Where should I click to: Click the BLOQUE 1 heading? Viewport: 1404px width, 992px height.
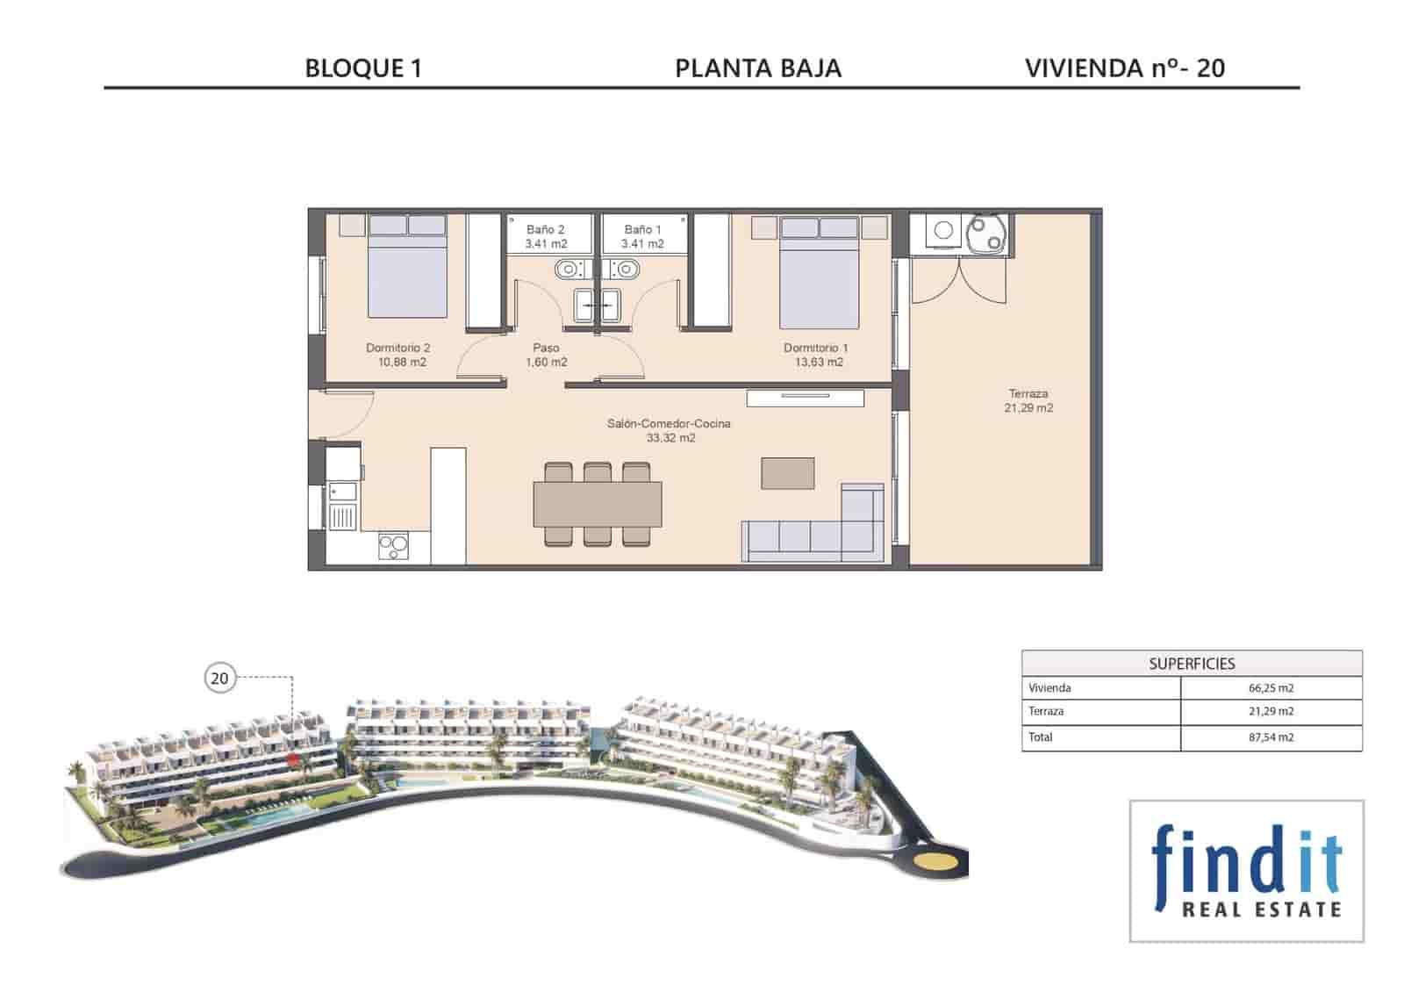(x=363, y=68)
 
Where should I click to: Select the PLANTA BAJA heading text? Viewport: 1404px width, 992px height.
(x=758, y=68)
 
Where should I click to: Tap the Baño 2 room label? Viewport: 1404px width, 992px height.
(x=546, y=236)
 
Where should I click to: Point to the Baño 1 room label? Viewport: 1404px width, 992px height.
(x=642, y=236)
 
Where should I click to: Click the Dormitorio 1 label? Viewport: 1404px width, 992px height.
(x=815, y=355)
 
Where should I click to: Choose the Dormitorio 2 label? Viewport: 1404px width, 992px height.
(x=398, y=355)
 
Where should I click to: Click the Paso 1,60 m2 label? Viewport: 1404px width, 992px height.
(x=546, y=355)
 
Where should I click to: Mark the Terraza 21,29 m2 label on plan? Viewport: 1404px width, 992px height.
(x=1028, y=400)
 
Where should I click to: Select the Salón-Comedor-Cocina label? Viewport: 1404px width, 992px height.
(x=670, y=430)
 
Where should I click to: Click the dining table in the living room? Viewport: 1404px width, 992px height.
(x=598, y=504)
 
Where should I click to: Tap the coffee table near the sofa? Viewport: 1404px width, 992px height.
(x=787, y=473)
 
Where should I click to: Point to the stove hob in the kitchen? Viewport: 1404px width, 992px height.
(x=393, y=546)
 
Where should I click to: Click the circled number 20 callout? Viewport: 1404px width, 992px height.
(x=219, y=678)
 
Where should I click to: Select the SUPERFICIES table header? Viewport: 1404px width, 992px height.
(x=1192, y=664)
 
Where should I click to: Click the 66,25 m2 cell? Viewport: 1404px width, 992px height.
(x=1271, y=688)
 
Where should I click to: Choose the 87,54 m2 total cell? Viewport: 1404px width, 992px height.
(x=1271, y=737)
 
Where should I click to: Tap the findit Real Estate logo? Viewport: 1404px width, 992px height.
(x=1246, y=871)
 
